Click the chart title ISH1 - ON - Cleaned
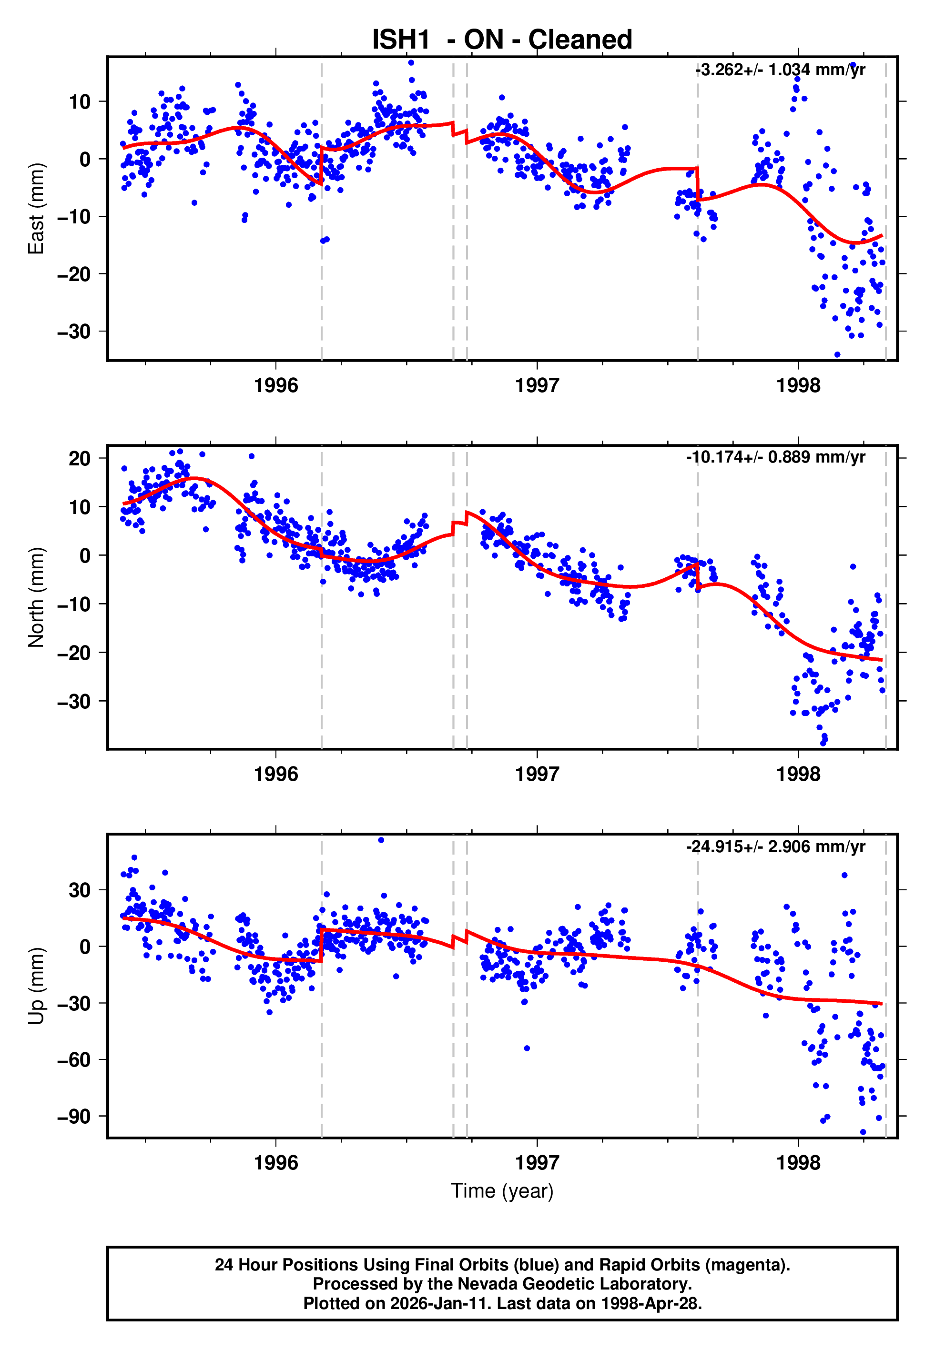tap(502, 40)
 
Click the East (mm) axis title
tap(36, 209)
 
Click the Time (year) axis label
tap(502, 1191)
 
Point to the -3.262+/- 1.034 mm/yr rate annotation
tap(780, 70)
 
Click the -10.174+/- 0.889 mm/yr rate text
tap(776, 457)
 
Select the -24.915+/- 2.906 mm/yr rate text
tap(776, 846)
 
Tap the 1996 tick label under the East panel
tap(276, 386)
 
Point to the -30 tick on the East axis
tap(74, 332)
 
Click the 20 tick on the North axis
tap(80, 458)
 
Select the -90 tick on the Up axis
tap(74, 1117)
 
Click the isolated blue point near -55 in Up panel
tap(527, 1048)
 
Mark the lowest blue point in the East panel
tap(837, 355)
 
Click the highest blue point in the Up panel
tap(381, 840)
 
